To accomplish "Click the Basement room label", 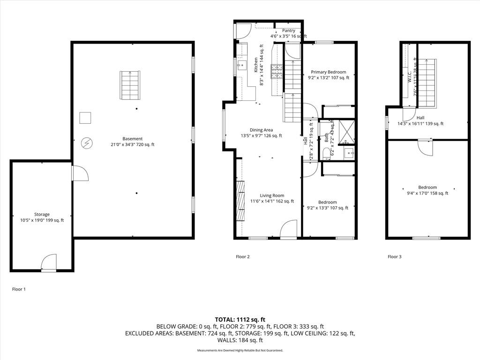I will [132, 139].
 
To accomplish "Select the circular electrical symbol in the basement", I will [87, 142].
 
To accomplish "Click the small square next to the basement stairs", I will [85, 118].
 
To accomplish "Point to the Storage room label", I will [42, 214].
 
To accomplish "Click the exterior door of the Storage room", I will [49, 263].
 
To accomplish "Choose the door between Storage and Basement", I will [79, 173].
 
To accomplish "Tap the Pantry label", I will [289, 30].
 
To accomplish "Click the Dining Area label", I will [261, 130].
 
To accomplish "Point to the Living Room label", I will [272, 195].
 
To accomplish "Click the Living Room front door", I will [288, 230].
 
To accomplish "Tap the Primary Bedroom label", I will [329, 72].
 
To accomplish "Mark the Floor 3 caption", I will [394, 257].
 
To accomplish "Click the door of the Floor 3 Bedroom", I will [427, 147].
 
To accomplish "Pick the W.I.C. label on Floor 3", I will [409, 77].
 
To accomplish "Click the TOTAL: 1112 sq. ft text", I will [240, 319].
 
